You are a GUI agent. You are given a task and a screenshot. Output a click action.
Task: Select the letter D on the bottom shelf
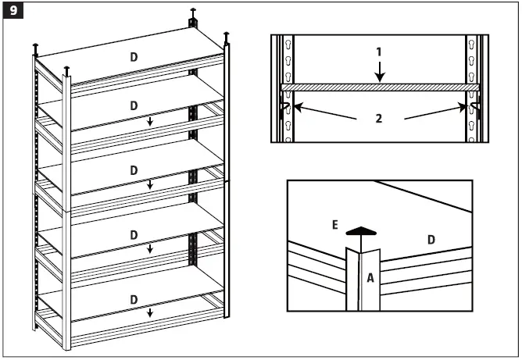tap(134, 299)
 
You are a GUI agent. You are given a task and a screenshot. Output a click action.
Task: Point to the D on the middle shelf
tap(134, 169)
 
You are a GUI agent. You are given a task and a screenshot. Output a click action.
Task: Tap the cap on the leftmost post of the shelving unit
tap(35, 48)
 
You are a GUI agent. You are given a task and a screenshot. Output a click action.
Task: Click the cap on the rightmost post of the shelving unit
tap(227, 36)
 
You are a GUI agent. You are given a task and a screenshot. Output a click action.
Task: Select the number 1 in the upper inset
tap(379, 52)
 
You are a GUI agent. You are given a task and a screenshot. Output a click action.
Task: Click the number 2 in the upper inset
tap(379, 119)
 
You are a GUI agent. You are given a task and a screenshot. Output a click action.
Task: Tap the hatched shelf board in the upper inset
tap(379, 87)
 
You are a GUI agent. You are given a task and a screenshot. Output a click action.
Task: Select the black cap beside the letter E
tap(356, 231)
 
